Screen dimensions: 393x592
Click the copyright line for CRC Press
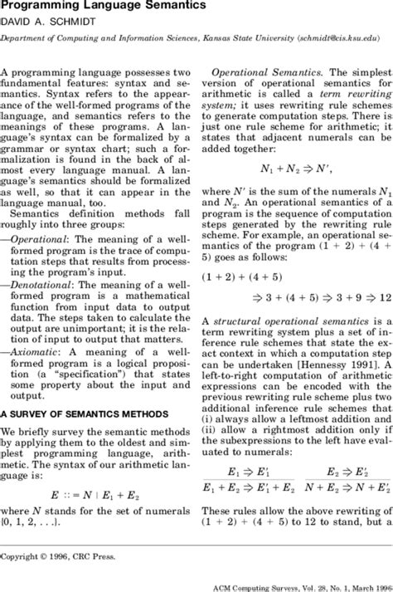pos(59,555)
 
